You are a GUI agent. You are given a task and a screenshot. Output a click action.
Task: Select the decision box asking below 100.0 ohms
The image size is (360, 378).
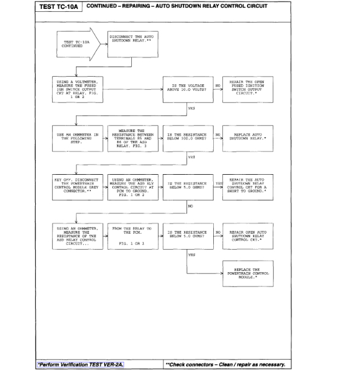[188, 139]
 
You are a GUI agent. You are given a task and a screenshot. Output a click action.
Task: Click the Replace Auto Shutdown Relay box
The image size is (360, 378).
[247, 139]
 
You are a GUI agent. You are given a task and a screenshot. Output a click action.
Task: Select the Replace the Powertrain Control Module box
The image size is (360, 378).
[247, 274]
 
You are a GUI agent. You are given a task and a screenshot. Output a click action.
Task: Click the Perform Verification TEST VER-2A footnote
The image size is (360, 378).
[83, 364]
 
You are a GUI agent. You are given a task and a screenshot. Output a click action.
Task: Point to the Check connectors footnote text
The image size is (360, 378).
[226, 364]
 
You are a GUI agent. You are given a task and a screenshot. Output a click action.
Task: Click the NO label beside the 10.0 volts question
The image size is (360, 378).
[217, 86]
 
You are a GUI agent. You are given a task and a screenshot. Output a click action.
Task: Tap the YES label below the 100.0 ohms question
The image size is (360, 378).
[192, 157]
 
